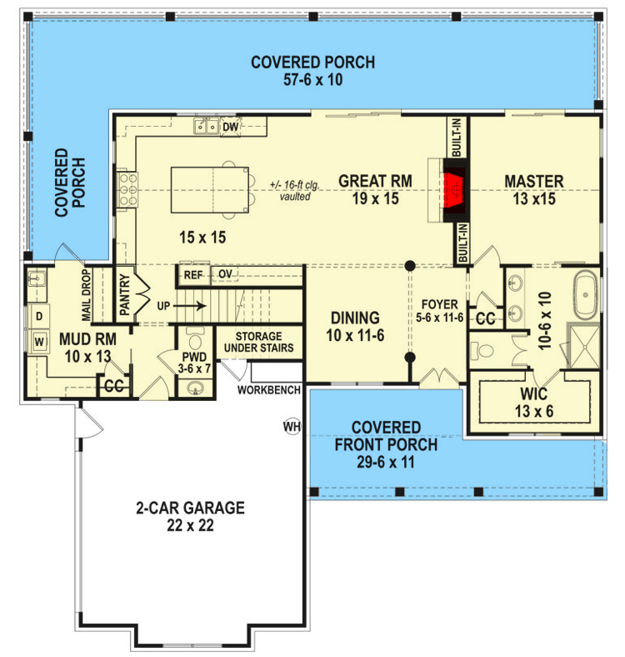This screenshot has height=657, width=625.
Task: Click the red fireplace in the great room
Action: coord(453,188)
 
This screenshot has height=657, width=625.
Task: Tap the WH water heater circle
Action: coord(292,427)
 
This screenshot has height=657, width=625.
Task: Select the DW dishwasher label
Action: coord(231,127)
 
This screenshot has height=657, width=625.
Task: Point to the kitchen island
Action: coord(209,190)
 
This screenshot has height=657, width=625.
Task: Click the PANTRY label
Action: coord(123,294)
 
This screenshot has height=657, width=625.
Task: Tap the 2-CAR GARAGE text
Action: coord(190,507)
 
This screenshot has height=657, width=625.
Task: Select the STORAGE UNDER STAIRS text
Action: coord(258,342)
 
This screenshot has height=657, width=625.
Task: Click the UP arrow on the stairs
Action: coord(190,306)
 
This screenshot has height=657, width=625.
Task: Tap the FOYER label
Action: coord(440,304)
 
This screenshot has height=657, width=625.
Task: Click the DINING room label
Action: coord(355,318)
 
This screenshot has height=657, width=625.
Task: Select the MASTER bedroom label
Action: coord(533,181)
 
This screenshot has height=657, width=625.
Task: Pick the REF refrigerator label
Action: coord(193,274)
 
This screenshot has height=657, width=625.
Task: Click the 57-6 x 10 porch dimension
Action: coord(312,80)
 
